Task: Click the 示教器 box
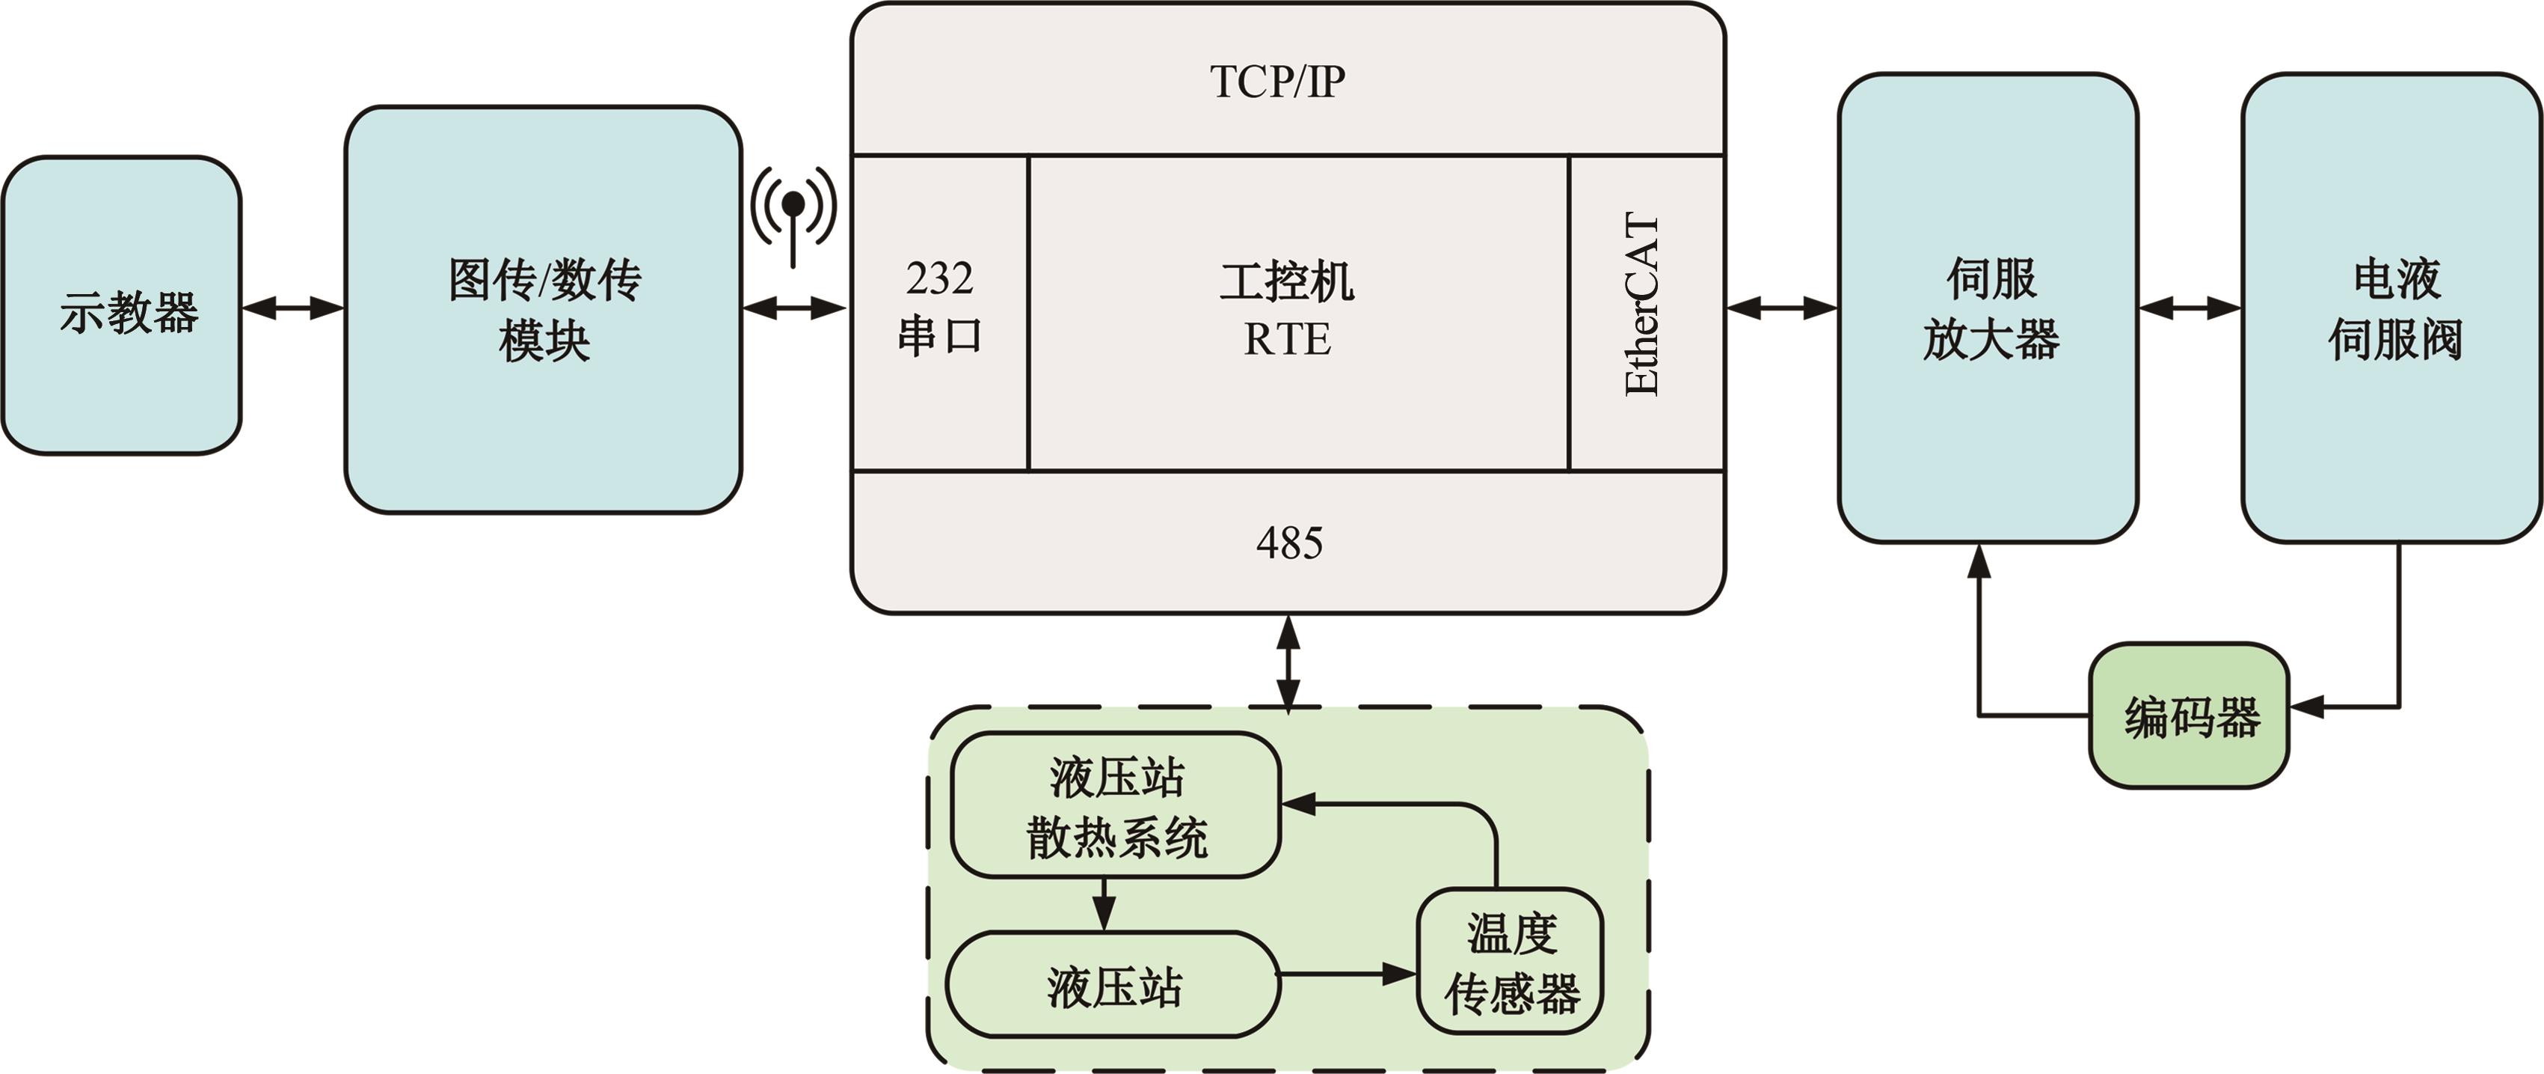(x=123, y=305)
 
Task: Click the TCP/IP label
(x=1277, y=81)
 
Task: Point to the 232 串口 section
(x=939, y=309)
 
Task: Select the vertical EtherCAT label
(x=1642, y=305)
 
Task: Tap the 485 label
(x=1288, y=543)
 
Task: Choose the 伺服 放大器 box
(x=1988, y=308)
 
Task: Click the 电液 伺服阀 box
(x=2392, y=308)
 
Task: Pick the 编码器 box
(x=2190, y=716)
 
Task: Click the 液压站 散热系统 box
(x=1116, y=806)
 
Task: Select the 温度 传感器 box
(x=1510, y=962)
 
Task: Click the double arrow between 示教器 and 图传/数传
(x=293, y=308)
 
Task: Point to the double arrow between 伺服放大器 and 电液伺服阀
(x=2190, y=308)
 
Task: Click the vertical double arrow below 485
(x=1288, y=662)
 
